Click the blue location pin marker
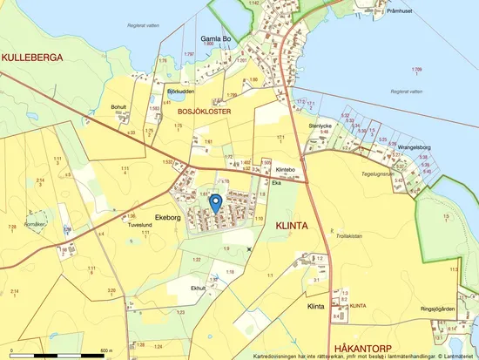tap(216, 203)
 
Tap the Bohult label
tap(119, 106)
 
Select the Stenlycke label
tap(321, 125)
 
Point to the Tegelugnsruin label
tap(403, 174)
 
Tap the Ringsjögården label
tap(437, 309)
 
